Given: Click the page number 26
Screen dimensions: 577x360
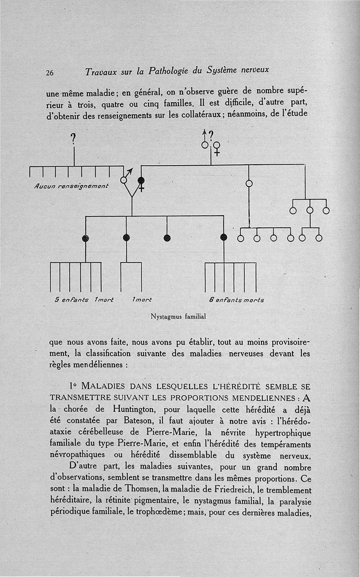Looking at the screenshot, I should pyautogui.click(x=49, y=73).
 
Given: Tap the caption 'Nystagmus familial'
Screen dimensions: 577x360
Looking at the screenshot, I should pyautogui.click(x=178, y=317).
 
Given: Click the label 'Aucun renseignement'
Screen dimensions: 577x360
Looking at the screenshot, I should pyautogui.click(x=71, y=186).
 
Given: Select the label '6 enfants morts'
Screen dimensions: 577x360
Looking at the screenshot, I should pyautogui.click(x=236, y=300).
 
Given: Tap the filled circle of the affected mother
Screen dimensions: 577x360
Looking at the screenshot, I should pyautogui.click(x=141, y=181).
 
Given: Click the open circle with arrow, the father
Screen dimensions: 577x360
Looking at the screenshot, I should pyautogui.click(x=124, y=180).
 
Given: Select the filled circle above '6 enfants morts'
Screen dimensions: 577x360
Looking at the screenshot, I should pyautogui.click(x=224, y=238).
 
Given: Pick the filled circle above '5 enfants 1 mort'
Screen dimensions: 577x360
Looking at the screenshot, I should pyautogui.click(x=85, y=238).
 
